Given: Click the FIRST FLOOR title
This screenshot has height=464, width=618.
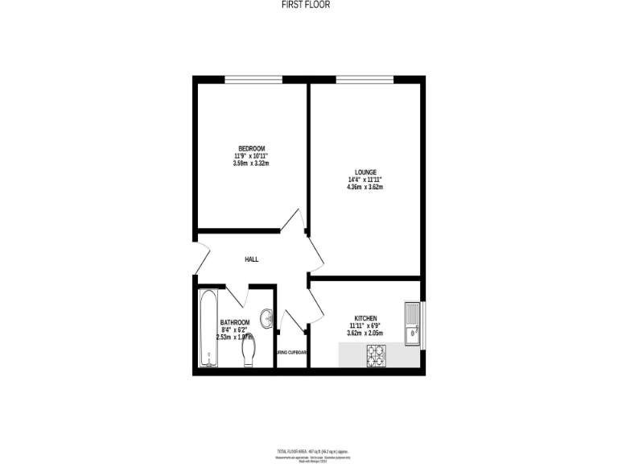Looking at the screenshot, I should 306,5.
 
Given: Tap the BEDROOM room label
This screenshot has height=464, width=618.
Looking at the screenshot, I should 250,148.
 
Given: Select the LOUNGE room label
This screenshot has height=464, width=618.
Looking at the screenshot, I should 365,172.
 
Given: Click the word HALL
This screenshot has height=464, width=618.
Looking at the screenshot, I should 252,259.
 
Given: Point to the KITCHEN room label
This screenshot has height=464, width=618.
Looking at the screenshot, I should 365,318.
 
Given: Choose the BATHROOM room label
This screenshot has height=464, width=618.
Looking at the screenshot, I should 235,322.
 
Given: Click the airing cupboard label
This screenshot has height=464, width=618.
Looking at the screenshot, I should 292,352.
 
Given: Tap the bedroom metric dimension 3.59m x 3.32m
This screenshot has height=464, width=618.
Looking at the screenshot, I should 250,163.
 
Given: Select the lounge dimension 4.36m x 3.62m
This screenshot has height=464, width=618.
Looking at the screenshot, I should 365,187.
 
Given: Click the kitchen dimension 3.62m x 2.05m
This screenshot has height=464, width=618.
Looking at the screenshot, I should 365,333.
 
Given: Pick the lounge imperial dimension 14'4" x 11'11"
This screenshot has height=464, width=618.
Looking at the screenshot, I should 365,180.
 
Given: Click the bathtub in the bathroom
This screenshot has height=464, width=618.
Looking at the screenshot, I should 208,329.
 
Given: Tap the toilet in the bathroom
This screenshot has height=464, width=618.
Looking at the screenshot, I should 249,351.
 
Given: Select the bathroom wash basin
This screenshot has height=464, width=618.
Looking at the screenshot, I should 267,317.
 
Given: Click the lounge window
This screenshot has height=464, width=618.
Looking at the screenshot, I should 365,78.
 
